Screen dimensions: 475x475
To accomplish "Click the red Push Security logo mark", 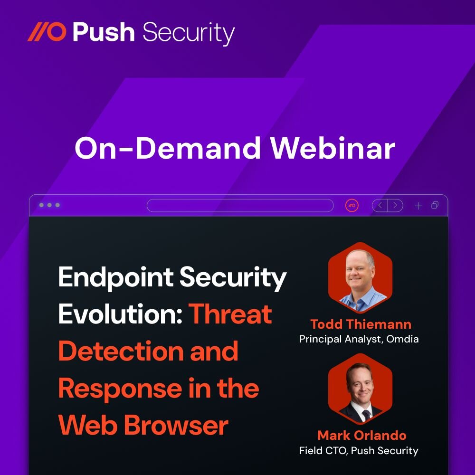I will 47,32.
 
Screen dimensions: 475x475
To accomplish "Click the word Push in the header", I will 103,32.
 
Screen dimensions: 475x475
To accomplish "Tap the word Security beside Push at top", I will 188,33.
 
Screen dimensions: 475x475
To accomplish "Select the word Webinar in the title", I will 333,149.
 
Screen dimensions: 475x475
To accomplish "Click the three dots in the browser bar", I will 49,205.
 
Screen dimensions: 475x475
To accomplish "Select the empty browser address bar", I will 240,205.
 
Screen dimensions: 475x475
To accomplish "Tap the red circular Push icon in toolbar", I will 352,205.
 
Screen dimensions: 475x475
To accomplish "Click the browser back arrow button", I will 380,205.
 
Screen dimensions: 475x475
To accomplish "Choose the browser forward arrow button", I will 395,205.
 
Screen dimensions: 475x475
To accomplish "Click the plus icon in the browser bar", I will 418,205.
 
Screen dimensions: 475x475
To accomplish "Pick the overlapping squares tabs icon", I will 435,205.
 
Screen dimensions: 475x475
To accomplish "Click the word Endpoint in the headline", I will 114,278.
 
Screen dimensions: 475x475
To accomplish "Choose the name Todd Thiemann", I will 361,324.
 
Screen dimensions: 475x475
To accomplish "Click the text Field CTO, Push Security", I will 359,450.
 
